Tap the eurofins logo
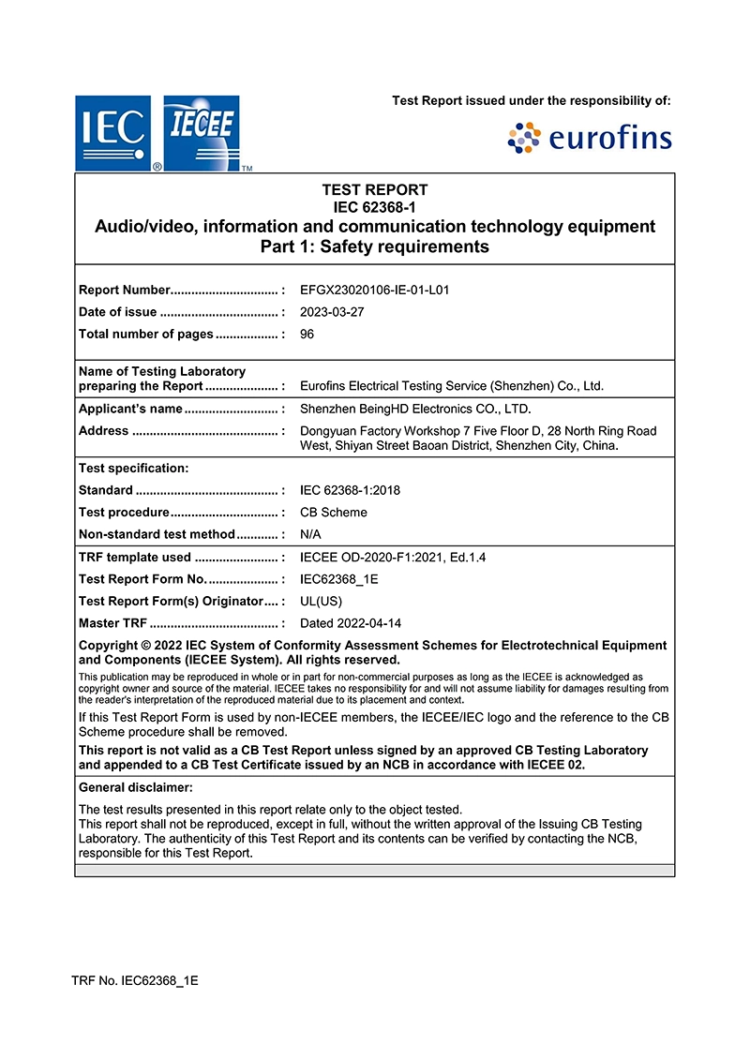click(590, 139)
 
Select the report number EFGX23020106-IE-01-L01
click(374, 290)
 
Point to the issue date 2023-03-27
click(332, 312)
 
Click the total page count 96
click(307, 335)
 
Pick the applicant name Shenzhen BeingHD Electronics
click(415, 409)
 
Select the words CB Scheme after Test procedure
click(334, 513)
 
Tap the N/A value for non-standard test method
click(311, 534)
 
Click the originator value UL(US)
click(321, 601)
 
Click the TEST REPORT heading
click(374, 189)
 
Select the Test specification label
click(133, 468)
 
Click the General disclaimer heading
click(136, 787)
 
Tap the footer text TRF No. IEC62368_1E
click(135, 981)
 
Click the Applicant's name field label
click(130, 409)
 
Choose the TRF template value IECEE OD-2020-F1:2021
click(393, 557)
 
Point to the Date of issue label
click(118, 312)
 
